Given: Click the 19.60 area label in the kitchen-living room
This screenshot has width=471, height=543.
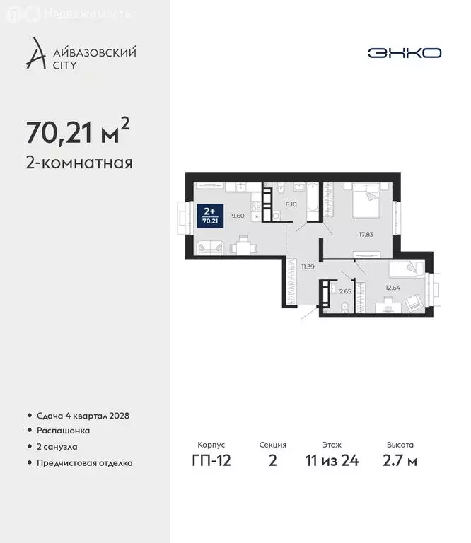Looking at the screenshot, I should (x=237, y=216).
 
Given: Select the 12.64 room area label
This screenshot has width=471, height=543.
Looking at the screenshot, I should (x=392, y=287).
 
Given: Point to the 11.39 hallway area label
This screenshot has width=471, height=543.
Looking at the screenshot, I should (x=307, y=267).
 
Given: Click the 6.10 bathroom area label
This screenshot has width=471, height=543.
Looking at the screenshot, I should (x=290, y=204).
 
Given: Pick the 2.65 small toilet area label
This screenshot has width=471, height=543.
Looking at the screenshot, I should (x=345, y=291).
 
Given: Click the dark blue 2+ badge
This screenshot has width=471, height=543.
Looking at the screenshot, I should (x=210, y=214).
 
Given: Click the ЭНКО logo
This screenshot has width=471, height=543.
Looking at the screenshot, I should (x=405, y=53).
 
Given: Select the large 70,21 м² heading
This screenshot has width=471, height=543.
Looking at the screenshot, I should (x=78, y=131).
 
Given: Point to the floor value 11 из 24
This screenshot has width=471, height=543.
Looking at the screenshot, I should (x=332, y=461).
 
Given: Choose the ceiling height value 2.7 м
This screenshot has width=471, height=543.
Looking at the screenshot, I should (x=400, y=461).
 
